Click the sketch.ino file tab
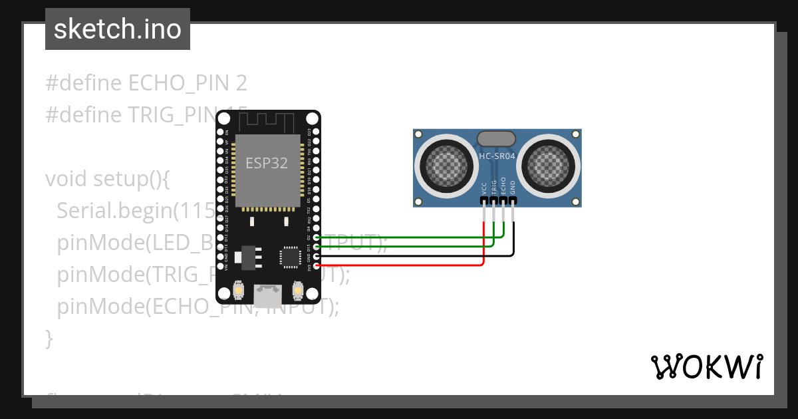[118, 29]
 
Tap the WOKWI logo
[706, 366]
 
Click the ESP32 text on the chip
[267, 163]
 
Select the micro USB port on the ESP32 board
[267, 293]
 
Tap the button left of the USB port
[239, 291]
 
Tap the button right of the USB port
[297, 291]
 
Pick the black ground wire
[412, 255]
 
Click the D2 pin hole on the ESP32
[316, 237]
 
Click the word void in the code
[67, 179]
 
